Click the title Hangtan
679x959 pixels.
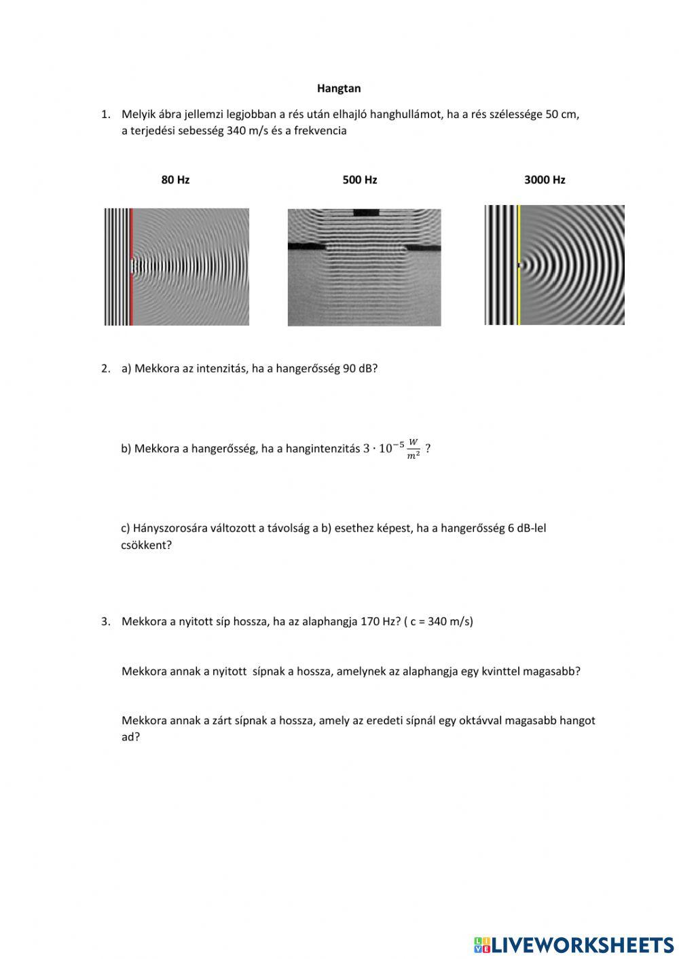point(339,88)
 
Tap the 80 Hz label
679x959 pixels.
point(175,180)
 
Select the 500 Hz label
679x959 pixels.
point(360,180)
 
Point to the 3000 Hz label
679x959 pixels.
point(545,180)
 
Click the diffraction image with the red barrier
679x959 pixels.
point(177,267)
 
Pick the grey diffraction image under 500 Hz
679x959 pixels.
point(364,267)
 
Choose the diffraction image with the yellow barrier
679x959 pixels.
point(554,265)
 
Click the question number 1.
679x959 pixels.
point(105,114)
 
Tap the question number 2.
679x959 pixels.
point(105,369)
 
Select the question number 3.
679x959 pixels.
point(105,621)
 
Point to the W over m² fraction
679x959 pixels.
point(413,449)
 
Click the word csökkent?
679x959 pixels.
point(146,545)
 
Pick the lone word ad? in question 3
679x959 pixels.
point(130,737)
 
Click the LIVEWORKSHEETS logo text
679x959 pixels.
point(583,945)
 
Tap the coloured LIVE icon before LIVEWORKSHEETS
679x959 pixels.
point(482,945)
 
